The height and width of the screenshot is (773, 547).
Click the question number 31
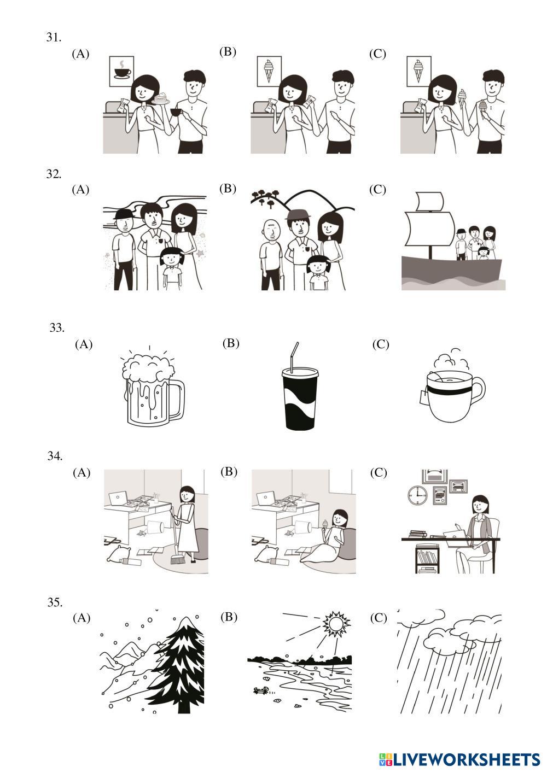[54, 37]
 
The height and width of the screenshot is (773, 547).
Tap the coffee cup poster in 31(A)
[121, 71]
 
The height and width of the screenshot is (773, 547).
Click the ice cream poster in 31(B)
[269, 72]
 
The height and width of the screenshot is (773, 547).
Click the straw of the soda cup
[295, 358]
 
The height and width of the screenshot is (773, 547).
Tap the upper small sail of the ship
[430, 201]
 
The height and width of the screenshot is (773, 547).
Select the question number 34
[55, 456]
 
